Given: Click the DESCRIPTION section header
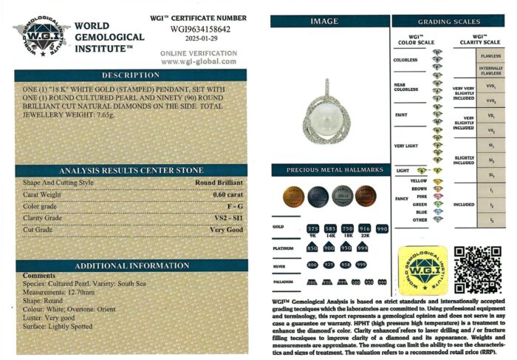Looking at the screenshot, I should (x=131, y=75).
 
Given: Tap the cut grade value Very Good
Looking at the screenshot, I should (x=227, y=231).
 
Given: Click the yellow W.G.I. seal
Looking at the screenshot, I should (x=422, y=270).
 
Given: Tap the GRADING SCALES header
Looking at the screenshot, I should (x=449, y=21).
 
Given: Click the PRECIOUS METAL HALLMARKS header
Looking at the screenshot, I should (x=329, y=170).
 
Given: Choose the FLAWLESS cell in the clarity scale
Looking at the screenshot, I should (x=490, y=56).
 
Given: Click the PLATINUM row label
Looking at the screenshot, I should (x=283, y=248).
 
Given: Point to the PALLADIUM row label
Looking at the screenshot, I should (x=284, y=282).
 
